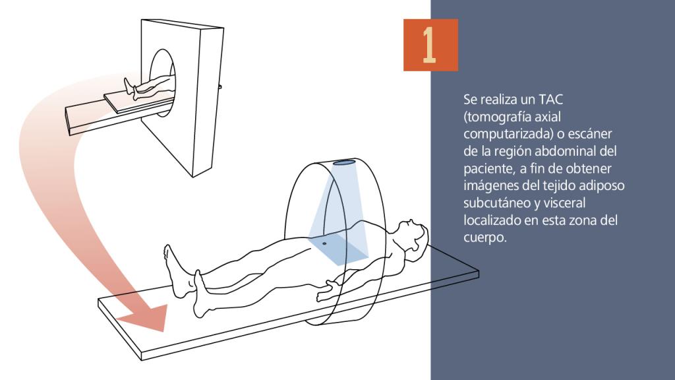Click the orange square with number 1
[x=430, y=45]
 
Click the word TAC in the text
[x=550, y=100]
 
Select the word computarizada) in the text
[x=508, y=134]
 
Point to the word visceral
[x=564, y=203]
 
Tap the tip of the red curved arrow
[x=163, y=332]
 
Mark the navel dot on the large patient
[x=324, y=244]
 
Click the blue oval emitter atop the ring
[x=345, y=163]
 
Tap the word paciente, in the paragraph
[x=488, y=169]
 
